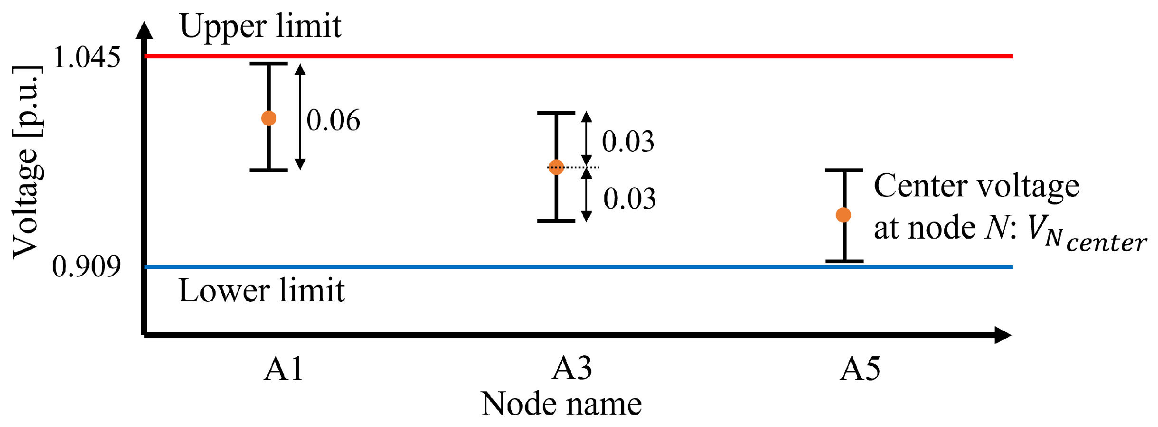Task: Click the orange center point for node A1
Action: [x=269, y=118]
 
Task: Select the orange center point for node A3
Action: [x=556, y=167]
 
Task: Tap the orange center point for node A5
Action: [x=843, y=215]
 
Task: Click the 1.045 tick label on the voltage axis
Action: [x=87, y=57]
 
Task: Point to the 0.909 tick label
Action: [x=86, y=266]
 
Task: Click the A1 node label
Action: [x=283, y=369]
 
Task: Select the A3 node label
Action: [x=572, y=369]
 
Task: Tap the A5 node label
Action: [x=860, y=369]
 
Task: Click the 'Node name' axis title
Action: [x=561, y=404]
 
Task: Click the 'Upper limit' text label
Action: [x=260, y=27]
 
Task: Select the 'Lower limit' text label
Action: [x=261, y=290]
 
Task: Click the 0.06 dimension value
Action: [x=333, y=120]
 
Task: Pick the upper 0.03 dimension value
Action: [x=628, y=141]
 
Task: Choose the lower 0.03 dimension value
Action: [x=630, y=198]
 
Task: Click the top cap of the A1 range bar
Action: [x=269, y=64]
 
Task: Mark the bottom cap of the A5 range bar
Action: [x=844, y=261]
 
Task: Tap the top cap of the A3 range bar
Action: [x=556, y=113]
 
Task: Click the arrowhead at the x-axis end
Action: [x=1003, y=335]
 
